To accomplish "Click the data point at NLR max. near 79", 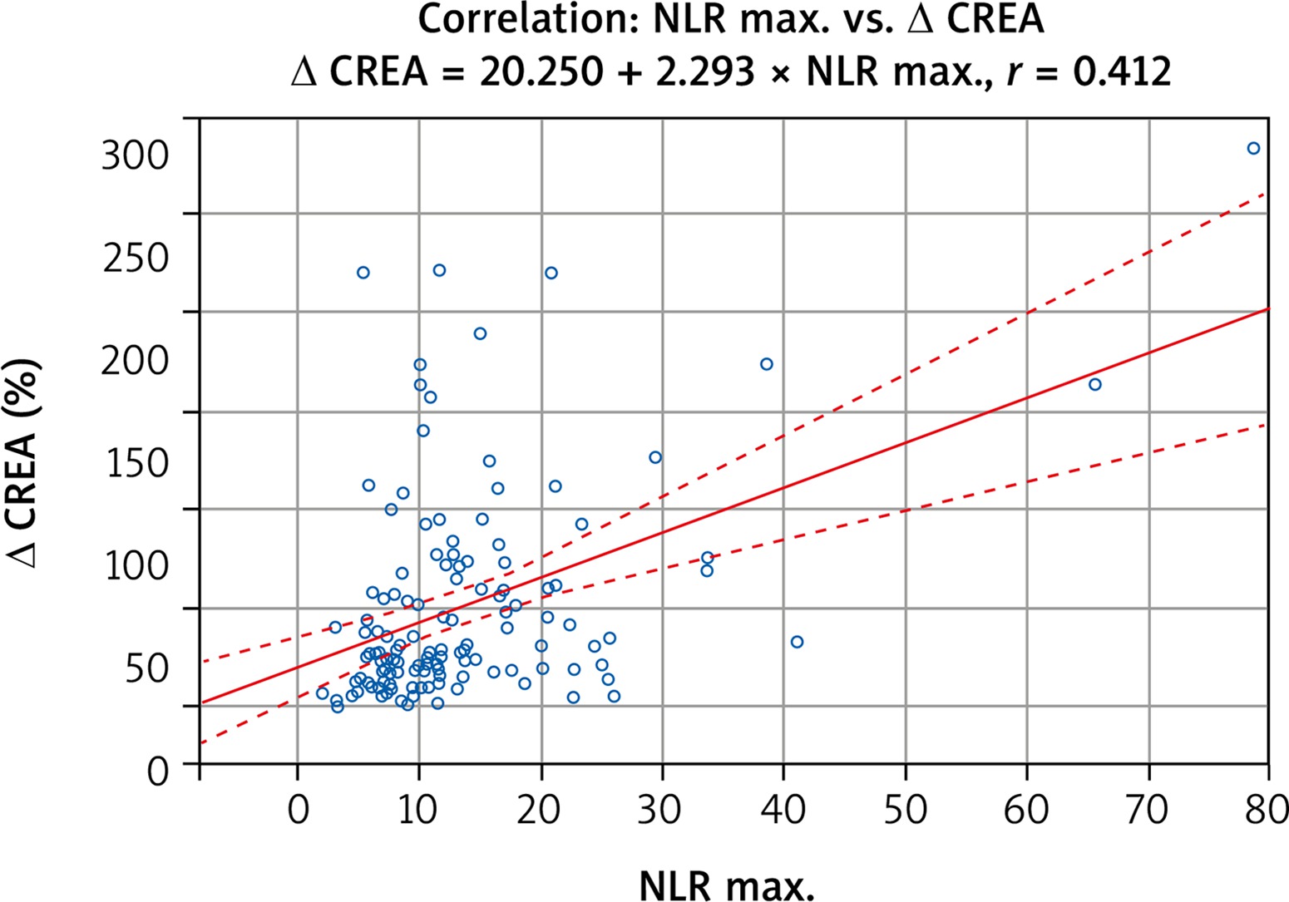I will [1253, 149].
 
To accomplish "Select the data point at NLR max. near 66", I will [1094, 384].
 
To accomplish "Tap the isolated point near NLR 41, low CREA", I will [797, 642].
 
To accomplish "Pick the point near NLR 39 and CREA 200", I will [766, 364].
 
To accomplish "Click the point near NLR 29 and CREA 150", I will [654, 457].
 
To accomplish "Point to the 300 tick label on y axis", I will [135, 155].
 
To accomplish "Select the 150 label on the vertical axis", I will [136, 463].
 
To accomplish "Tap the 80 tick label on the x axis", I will [1267, 808].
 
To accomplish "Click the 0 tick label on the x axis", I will [298, 808].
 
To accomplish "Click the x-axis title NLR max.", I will [726, 885].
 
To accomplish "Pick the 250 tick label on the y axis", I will [135, 259].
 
